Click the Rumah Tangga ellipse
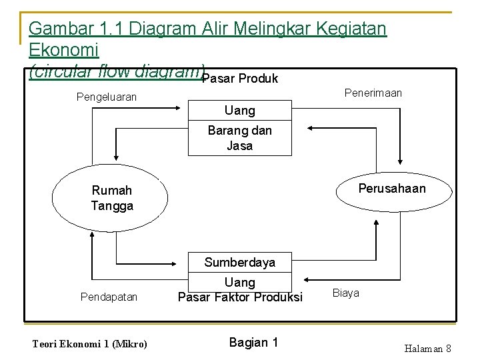(x=109, y=198)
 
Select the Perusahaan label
(x=391, y=189)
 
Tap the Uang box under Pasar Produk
(x=239, y=110)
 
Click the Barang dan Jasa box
(x=239, y=138)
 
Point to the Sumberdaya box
(x=239, y=262)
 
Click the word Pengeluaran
(x=107, y=97)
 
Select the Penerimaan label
(x=373, y=93)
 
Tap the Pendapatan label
(x=109, y=296)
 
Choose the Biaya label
(x=345, y=293)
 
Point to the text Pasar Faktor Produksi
(x=240, y=296)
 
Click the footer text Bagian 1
(x=253, y=343)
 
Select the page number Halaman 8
(x=427, y=349)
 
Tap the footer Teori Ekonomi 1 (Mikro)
(x=89, y=344)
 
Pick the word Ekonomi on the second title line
(x=64, y=50)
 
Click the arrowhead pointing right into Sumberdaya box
(x=185, y=263)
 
